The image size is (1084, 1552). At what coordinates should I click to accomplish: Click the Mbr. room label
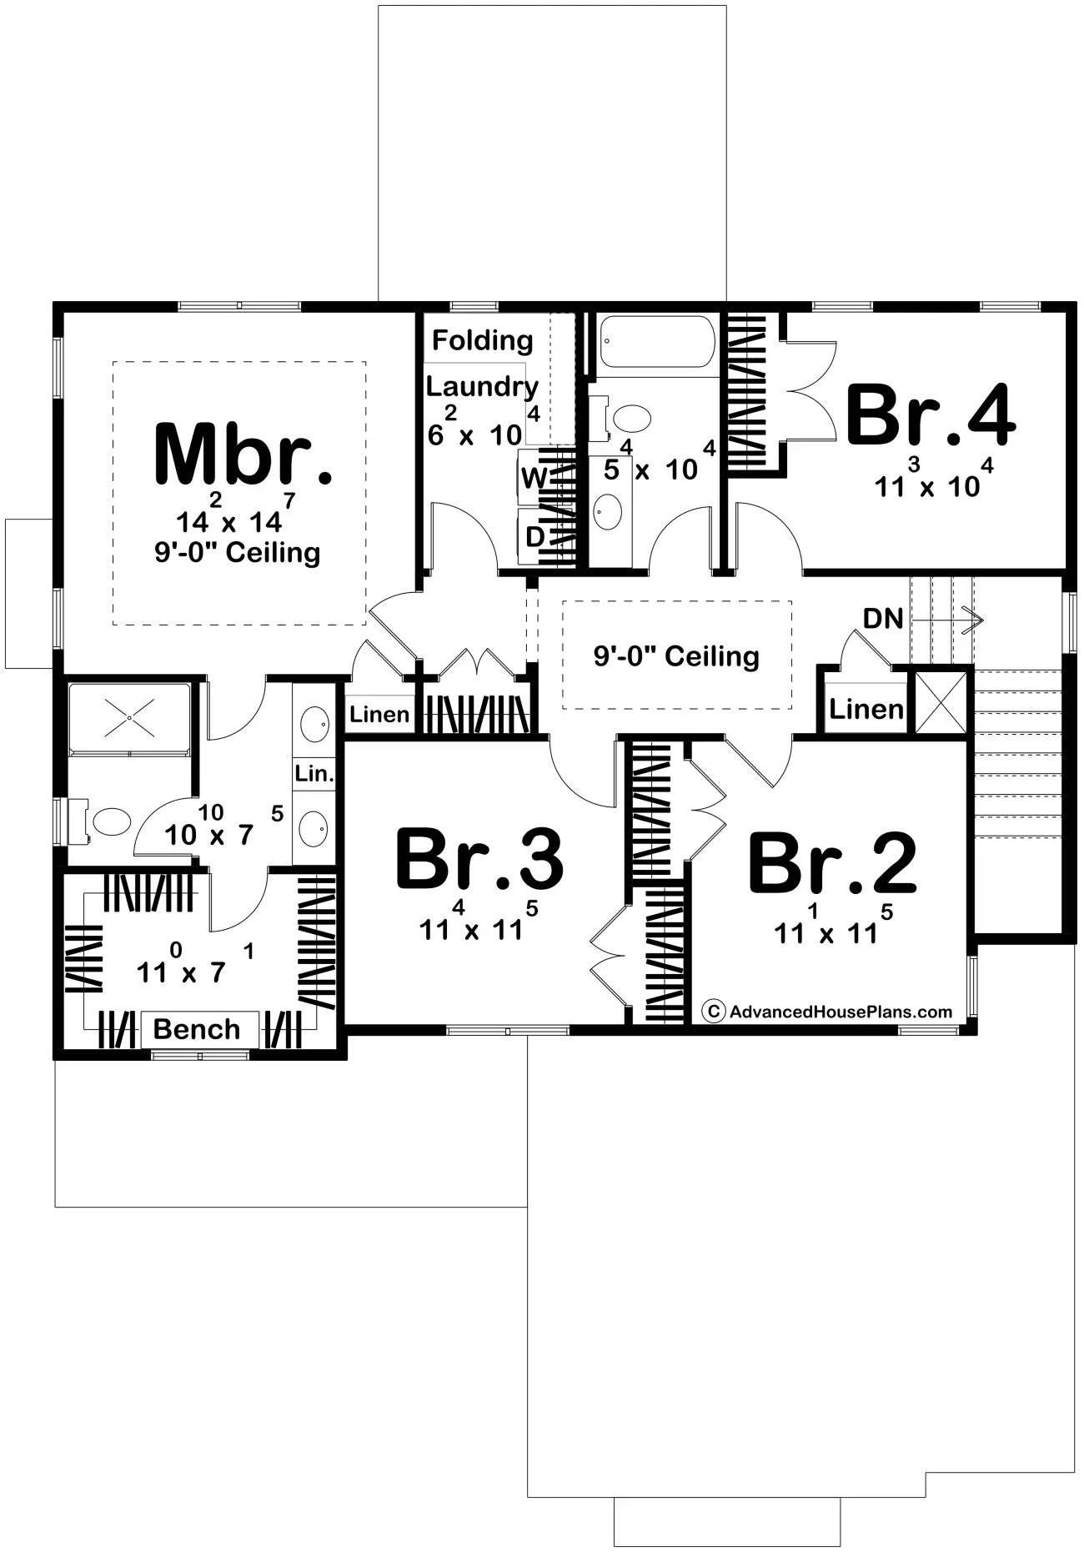click(x=243, y=455)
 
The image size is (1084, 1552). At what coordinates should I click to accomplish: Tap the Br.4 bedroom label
click(x=931, y=414)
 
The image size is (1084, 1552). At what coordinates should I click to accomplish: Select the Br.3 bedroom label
click(x=479, y=859)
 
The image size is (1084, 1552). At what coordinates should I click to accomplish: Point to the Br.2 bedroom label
click(x=832, y=862)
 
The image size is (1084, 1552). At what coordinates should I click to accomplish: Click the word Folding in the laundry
click(x=483, y=340)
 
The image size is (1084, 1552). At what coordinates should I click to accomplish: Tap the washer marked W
click(x=534, y=478)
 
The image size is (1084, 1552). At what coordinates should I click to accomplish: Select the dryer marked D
click(x=534, y=536)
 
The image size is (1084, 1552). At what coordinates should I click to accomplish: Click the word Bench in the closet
click(x=197, y=1029)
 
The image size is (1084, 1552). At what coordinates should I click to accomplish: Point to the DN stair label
click(x=883, y=618)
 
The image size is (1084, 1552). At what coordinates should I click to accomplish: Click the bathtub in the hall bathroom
click(x=656, y=342)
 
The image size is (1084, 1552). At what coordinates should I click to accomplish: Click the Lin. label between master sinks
click(x=314, y=773)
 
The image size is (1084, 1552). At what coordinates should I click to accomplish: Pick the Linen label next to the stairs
click(x=866, y=710)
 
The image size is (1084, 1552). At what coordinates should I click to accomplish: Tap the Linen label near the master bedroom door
click(x=379, y=715)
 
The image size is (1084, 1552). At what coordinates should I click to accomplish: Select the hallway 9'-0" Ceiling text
click(x=676, y=656)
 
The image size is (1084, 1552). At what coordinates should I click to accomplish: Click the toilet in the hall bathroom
click(x=625, y=417)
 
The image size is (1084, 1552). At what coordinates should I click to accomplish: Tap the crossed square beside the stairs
click(x=941, y=702)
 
